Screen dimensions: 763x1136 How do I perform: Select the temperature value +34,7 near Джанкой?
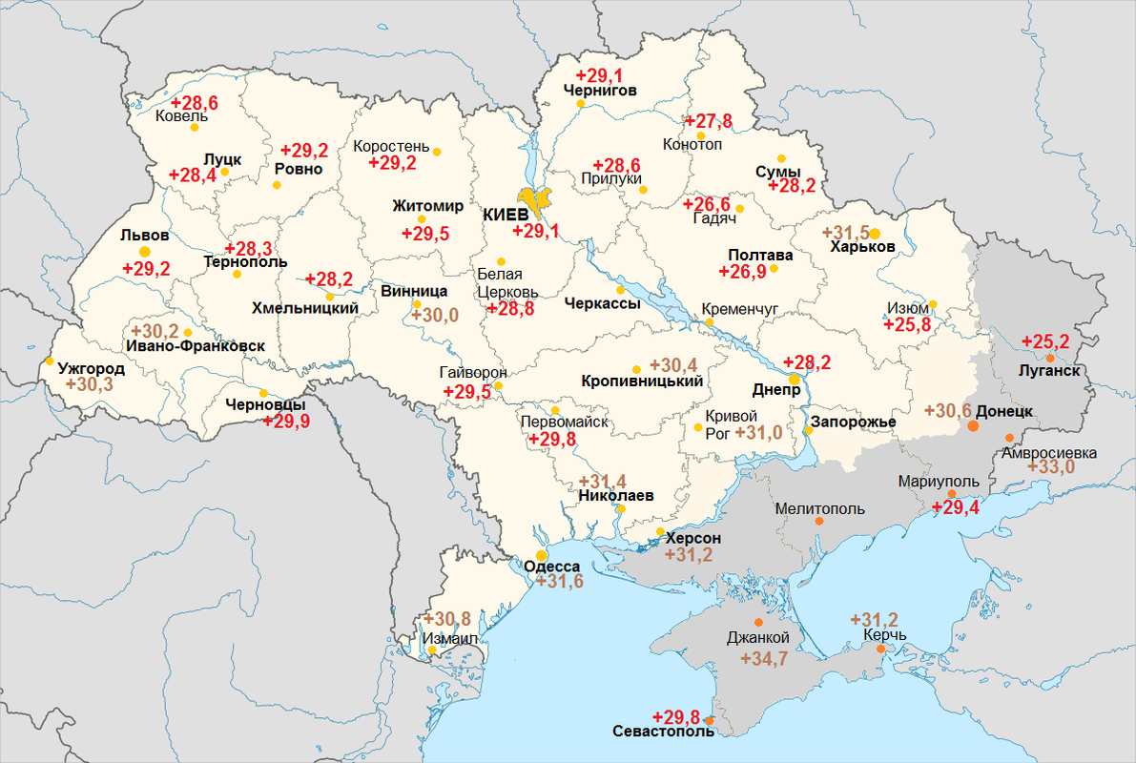(751, 658)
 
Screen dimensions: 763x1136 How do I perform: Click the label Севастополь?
(663, 732)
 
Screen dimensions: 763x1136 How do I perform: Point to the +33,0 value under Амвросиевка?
(1050, 466)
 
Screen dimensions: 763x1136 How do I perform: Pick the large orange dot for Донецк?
(973, 425)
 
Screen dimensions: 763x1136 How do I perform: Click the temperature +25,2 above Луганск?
(1045, 341)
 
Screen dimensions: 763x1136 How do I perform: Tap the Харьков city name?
(862, 247)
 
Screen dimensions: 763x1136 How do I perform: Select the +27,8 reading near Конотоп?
(709, 121)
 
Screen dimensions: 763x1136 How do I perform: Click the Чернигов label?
(600, 91)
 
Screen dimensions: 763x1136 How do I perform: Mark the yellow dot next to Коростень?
(437, 152)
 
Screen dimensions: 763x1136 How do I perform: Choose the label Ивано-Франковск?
(195, 346)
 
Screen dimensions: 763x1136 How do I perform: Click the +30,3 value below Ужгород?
(89, 383)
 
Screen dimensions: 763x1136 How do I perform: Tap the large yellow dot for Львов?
(145, 252)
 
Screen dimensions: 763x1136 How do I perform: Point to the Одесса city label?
(552, 567)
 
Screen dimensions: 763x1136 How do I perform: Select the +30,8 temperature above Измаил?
(447, 618)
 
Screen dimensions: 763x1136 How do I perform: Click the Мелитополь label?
(820, 508)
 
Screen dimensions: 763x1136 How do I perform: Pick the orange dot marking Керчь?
(881, 650)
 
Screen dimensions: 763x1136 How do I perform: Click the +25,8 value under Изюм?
(907, 325)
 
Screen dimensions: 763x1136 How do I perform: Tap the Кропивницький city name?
(642, 381)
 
